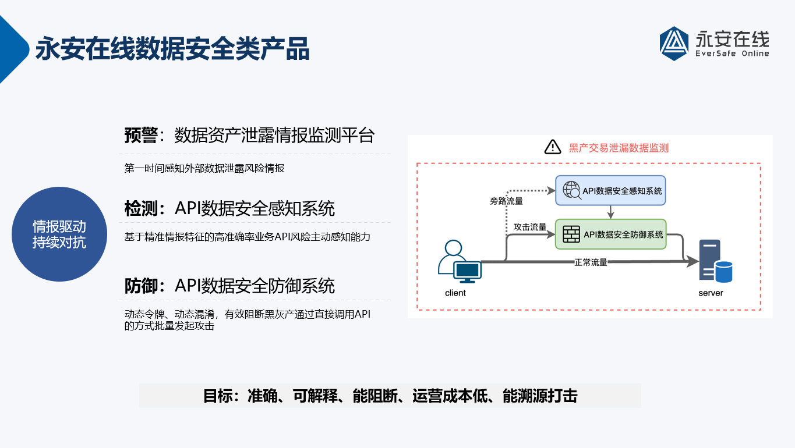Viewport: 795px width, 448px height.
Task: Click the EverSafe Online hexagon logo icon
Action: coord(674,44)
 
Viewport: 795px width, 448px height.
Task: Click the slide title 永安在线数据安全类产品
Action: coord(172,48)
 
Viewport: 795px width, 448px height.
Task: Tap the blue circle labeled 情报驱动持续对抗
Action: coord(59,234)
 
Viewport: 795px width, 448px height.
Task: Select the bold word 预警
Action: coord(141,136)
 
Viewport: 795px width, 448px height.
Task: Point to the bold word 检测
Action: coord(141,208)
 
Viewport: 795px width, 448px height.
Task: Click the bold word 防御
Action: coord(141,286)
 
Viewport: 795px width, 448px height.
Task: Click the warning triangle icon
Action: coord(553,147)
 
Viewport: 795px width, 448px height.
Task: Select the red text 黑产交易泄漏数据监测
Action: coord(619,148)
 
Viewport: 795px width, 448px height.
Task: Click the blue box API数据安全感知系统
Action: coord(610,190)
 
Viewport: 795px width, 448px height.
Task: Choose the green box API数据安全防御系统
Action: coord(610,234)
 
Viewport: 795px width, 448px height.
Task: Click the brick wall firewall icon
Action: coord(571,234)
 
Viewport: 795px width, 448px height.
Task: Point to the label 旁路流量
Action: coord(507,201)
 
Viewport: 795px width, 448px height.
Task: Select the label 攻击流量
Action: coord(530,227)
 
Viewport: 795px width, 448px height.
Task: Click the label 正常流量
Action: coord(591,262)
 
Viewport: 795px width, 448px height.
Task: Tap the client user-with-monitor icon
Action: coord(460,261)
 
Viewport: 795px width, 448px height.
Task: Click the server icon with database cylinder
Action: coord(715,261)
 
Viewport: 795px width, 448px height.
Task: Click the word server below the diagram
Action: coord(711,293)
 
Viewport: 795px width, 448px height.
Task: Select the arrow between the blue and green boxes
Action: coord(610,212)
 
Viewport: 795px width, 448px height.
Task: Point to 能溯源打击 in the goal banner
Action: coord(540,396)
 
